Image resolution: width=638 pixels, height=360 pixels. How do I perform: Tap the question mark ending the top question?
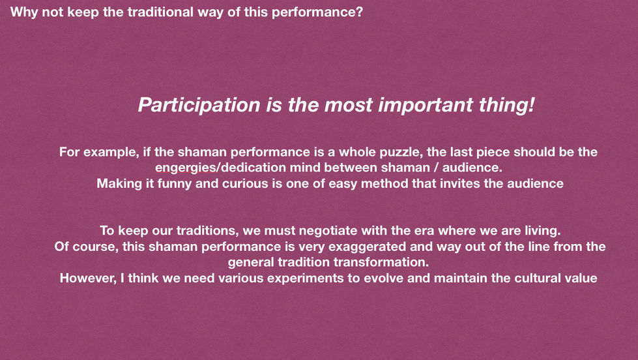tap(359, 11)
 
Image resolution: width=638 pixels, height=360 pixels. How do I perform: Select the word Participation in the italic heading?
tap(199, 106)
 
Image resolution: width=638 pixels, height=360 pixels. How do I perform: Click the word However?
tap(88, 278)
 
